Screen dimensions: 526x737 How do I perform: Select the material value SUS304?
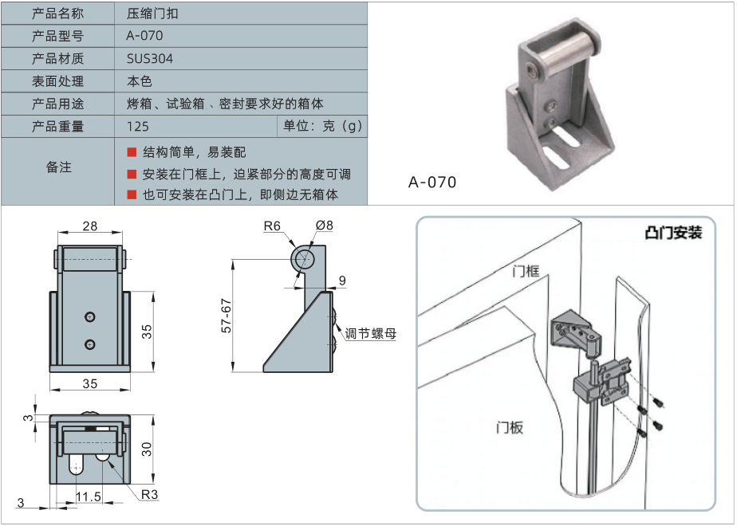click(x=150, y=58)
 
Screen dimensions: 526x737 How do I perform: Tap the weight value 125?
click(x=138, y=126)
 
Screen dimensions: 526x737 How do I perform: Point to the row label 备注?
click(x=58, y=167)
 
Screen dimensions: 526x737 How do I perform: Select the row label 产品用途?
click(x=58, y=104)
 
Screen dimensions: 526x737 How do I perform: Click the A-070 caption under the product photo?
click(x=432, y=183)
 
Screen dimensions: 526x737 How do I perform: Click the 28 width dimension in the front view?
click(x=89, y=226)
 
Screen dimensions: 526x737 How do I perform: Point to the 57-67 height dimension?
click(x=227, y=316)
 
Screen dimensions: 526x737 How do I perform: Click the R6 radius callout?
click(x=273, y=226)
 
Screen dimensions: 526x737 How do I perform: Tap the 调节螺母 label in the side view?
click(x=370, y=334)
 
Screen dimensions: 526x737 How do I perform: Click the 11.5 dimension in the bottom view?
click(x=88, y=496)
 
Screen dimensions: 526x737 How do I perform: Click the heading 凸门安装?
click(x=673, y=233)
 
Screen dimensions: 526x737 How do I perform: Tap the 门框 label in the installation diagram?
click(x=526, y=271)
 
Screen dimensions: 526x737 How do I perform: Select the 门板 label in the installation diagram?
click(x=509, y=427)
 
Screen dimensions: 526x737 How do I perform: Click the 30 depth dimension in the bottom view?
click(x=147, y=449)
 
